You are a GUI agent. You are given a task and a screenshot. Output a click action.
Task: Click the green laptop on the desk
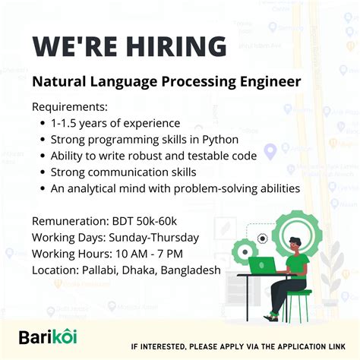(263, 265)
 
